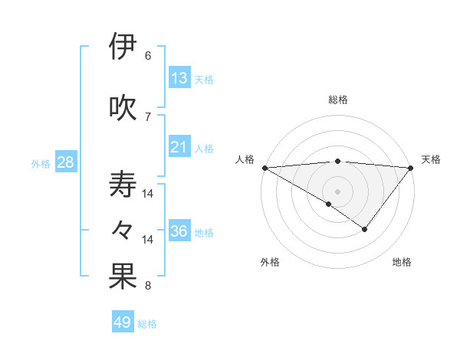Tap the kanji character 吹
point(123,106)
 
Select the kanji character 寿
point(123,185)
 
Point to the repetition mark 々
point(123,230)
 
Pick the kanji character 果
point(123,277)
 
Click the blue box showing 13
point(179,78)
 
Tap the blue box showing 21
point(179,147)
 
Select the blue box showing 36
point(179,231)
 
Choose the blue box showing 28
point(65,162)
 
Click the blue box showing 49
point(123,322)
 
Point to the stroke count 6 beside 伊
point(148,56)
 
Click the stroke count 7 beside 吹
point(148,116)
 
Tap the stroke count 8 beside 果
point(148,286)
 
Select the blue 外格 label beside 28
point(41,164)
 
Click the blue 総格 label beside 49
point(148,324)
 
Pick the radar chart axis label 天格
point(432,159)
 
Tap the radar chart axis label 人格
point(245,159)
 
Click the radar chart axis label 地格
point(402,263)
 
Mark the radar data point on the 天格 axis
point(411,167)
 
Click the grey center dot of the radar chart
point(337,191)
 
